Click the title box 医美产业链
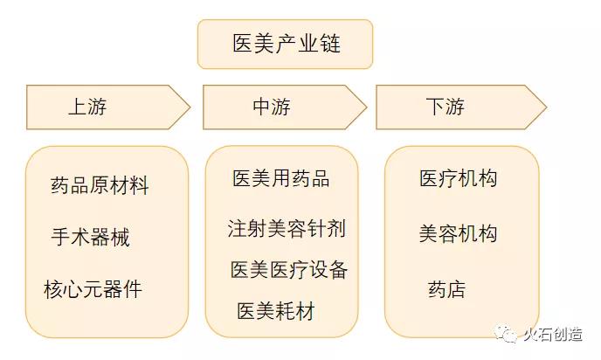(x=285, y=44)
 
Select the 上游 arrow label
(x=87, y=107)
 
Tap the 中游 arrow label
(x=272, y=107)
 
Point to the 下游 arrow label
(x=445, y=107)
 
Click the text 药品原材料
(x=100, y=185)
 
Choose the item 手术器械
(x=91, y=237)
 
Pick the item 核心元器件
(x=93, y=289)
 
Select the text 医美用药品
(x=281, y=178)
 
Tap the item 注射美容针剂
(x=287, y=229)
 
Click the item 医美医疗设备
(x=289, y=269)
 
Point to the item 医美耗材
(x=276, y=310)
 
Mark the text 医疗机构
(x=458, y=178)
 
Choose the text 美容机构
(x=458, y=233)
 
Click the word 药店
(x=447, y=289)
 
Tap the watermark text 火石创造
(x=553, y=335)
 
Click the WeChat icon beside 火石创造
(x=506, y=334)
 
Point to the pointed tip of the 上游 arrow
(x=190, y=107)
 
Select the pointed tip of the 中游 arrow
(x=366, y=107)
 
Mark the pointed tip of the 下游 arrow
(x=546, y=107)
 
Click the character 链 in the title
(x=330, y=43)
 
